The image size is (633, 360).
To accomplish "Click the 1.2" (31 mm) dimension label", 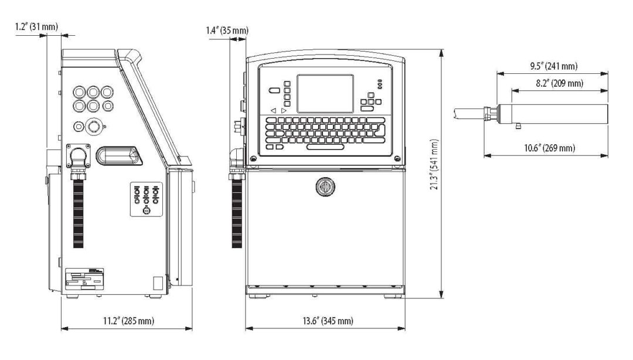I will click(37, 26).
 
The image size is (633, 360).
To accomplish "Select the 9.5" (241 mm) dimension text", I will click(552, 66).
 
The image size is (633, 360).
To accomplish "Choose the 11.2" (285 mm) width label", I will click(126, 320).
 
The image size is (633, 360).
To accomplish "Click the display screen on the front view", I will click(325, 94).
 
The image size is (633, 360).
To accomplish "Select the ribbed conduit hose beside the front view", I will click(237, 211).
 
